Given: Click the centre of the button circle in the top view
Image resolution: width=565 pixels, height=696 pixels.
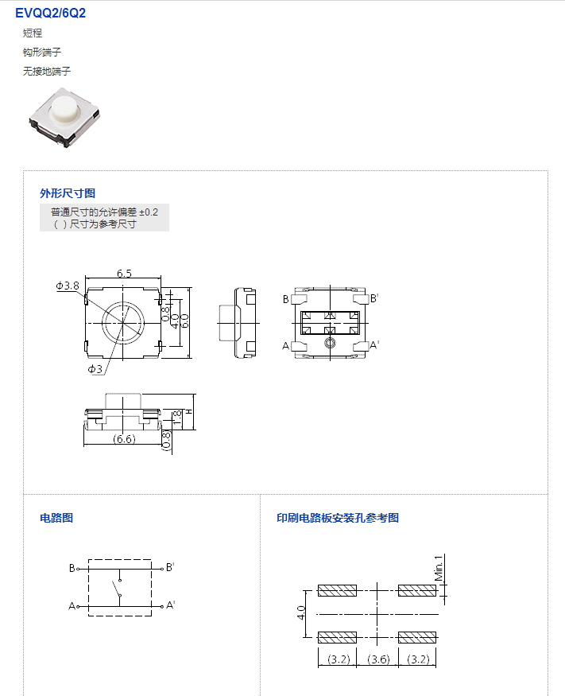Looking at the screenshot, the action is click(123, 323).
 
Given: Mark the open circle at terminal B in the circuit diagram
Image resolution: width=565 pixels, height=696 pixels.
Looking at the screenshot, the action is click(78, 569).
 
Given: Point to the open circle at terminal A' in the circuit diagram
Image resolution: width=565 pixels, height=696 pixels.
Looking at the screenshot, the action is click(162, 606).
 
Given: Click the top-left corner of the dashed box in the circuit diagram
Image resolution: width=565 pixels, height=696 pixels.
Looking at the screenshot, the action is click(89, 560).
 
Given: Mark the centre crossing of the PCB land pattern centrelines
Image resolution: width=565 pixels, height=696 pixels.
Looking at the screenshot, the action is click(377, 614).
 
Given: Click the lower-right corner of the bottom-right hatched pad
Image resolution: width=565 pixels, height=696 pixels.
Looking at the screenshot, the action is click(436, 643).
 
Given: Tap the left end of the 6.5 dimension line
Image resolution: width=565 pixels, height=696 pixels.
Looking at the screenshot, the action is click(85, 278).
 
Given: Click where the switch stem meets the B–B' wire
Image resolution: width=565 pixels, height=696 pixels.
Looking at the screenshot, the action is click(120, 569).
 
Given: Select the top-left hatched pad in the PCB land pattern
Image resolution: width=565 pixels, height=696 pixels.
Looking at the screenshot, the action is click(337, 590).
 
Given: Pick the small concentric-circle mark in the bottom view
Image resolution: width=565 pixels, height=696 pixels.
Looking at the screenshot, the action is click(330, 343).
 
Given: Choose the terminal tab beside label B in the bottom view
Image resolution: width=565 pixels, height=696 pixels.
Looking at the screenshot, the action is click(299, 298).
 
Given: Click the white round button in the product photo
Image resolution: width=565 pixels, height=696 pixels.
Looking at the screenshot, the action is click(64, 109).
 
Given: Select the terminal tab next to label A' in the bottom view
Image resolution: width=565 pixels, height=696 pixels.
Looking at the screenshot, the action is click(361, 347).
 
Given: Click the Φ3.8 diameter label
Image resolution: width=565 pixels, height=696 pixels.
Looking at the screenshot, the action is click(68, 286).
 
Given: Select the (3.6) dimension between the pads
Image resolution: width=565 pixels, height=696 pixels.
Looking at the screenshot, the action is click(378, 659).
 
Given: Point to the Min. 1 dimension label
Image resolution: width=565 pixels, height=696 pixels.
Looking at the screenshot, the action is click(439, 568).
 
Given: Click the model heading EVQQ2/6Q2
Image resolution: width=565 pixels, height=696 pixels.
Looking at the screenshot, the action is click(51, 14).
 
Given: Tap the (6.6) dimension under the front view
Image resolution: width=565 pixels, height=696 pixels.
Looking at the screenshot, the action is click(124, 439).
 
